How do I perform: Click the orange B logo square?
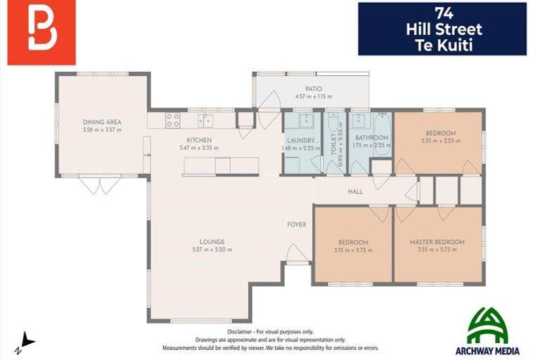41,32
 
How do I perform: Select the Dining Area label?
102,122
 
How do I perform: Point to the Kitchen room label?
199,140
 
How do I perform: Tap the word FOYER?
297,225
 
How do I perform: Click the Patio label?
313,89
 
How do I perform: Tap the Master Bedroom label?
437,242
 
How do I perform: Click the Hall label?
356,191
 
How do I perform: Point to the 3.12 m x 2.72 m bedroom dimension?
352,250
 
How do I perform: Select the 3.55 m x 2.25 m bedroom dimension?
440,141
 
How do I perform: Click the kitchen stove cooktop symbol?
172,120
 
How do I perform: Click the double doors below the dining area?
99,186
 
